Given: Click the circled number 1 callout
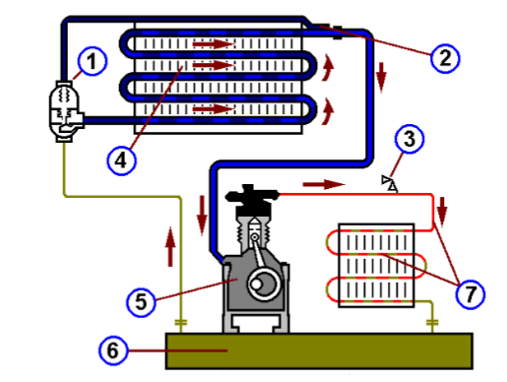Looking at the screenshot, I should [x=92, y=63].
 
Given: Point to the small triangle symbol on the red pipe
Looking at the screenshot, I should [x=390, y=182].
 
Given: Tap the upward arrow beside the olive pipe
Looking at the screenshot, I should [x=170, y=239].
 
